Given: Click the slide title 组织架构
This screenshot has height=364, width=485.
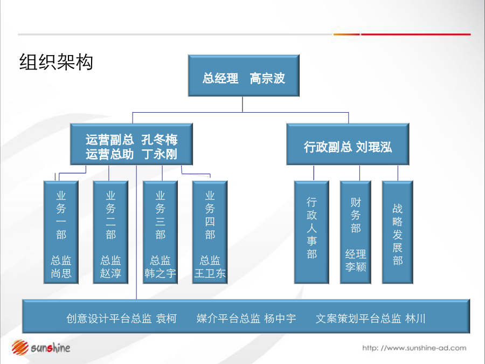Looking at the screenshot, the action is click(56, 62).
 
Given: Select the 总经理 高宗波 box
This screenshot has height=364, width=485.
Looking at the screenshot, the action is click(244, 75).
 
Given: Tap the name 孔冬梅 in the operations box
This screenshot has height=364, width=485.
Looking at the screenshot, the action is click(160, 140).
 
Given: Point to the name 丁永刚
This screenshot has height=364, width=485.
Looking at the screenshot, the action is click(160, 154).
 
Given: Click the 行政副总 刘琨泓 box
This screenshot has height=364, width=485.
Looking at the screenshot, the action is click(348, 144).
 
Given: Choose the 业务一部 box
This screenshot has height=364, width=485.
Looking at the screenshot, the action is click(61, 232).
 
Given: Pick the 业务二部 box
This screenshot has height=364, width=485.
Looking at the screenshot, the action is click(110, 232).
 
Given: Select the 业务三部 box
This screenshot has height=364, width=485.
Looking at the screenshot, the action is click(160, 232).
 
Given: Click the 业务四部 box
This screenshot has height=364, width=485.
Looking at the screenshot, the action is click(210, 232).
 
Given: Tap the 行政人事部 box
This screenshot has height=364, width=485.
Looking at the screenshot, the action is click(311, 232).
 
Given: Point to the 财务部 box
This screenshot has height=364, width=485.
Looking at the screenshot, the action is click(356, 232).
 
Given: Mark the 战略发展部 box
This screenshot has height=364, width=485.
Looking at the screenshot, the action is click(398, 232).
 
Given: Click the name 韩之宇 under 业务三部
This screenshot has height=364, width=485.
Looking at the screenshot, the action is click(160, 273).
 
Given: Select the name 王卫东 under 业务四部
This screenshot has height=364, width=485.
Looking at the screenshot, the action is click(210, 273).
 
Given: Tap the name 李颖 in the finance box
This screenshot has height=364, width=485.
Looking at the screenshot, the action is click(356, 266).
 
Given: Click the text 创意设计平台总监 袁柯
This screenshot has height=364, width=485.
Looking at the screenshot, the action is click(121, 318).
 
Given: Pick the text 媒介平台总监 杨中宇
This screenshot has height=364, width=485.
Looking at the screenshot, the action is click(246, 318).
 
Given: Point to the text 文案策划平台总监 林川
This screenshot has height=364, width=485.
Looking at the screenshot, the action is click(371, 318).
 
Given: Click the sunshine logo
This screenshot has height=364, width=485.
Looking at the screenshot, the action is click(41, 348).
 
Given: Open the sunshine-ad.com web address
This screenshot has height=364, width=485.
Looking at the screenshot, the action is click(414, 348).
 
